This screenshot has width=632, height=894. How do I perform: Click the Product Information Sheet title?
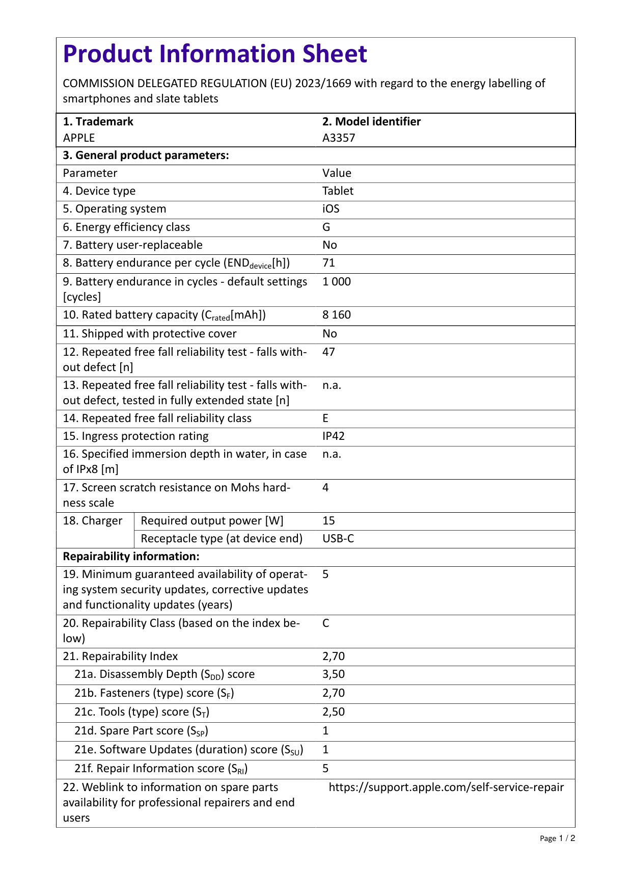215,54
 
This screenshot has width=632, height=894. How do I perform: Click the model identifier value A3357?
339,138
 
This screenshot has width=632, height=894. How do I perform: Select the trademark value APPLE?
79,138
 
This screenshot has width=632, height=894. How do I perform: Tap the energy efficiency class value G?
326,227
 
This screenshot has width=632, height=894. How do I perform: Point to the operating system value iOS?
331,209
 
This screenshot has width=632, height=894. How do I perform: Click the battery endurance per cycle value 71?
329,263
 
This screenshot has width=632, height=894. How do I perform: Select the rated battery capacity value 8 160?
337,315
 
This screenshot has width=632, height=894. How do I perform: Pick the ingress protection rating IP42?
334,436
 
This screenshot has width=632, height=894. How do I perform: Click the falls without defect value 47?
329,352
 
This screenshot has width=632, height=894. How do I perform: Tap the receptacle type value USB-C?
338,539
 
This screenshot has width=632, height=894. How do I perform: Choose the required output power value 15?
329,521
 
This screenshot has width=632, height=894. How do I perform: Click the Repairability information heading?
131,557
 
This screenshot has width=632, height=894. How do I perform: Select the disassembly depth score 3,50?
334,674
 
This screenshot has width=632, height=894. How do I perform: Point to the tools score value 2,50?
334,712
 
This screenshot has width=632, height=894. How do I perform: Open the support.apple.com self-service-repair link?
446,787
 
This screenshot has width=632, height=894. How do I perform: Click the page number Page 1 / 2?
557,838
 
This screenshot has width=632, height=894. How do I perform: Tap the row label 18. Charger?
93,521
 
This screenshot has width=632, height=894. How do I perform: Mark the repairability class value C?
326,623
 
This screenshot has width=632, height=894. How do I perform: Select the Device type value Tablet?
338,191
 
